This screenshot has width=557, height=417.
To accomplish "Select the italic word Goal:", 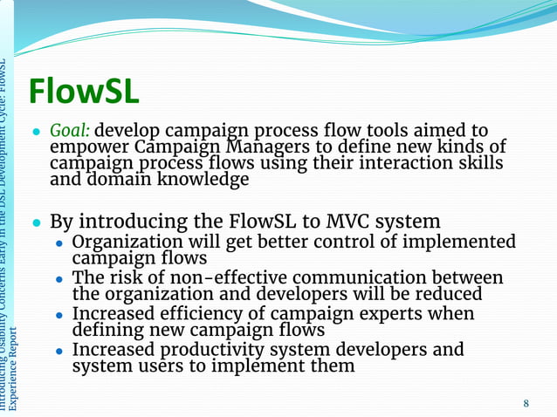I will (x=69, y=131).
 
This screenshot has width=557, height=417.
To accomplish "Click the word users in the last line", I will (x=157, y=366).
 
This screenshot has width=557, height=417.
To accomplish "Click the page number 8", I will (x=526, y=403).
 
